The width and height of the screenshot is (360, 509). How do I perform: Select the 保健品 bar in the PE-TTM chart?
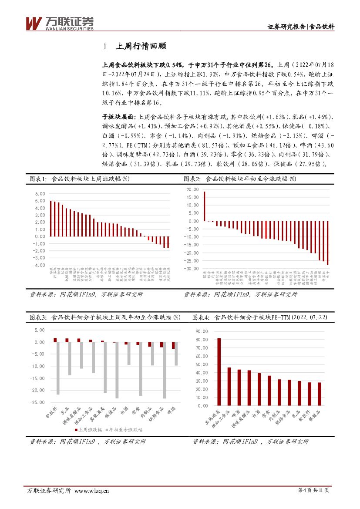pos(319,394)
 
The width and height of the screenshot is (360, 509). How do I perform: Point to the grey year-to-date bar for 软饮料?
pos(58,368)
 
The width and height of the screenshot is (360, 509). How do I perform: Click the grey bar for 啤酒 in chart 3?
pos(176,354)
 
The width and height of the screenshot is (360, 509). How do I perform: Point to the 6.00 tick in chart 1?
pos(40,194)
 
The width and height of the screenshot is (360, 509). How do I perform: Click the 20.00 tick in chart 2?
pos(192,189)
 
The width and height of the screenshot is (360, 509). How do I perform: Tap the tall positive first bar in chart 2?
pos(204,206)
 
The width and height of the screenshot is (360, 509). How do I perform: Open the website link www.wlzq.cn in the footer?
pos(92,491)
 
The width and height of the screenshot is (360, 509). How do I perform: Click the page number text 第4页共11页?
pos(313,491)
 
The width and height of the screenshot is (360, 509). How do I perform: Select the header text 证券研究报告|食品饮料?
pos(301,27)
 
